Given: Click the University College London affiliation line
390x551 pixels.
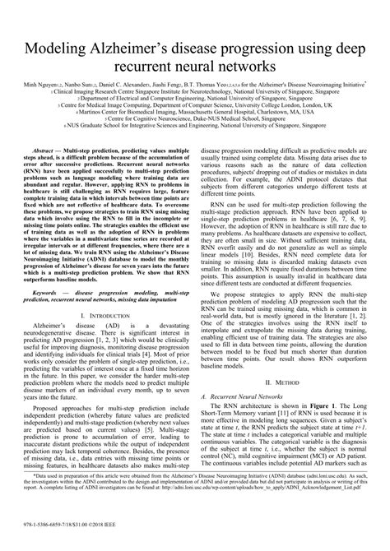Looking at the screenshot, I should click(195, 106).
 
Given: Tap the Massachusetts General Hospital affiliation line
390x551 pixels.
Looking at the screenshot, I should click(195, 113).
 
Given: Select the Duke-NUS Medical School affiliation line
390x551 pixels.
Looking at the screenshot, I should click(195, 121).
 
